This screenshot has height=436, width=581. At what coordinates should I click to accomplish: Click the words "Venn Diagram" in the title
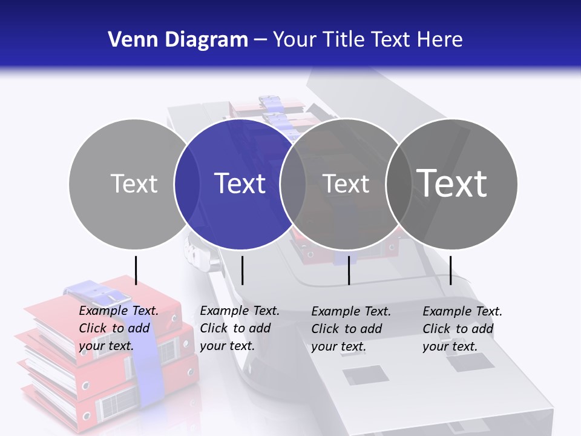coord(178,40)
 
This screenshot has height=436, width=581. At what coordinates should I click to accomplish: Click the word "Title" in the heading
coord(346,40)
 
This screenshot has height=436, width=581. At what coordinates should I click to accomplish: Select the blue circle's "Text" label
coord(240,183)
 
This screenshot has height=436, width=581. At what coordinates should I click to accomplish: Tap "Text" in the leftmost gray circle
coord(134,183)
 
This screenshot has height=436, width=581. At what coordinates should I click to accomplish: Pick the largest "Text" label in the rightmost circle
coord(452,183)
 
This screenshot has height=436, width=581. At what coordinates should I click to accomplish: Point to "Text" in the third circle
coord(346,183)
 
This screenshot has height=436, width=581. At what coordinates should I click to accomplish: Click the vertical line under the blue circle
coord(242,270)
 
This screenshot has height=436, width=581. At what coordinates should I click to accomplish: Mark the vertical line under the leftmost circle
coord(136,270)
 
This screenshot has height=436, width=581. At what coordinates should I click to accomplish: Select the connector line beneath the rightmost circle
coord(450,270)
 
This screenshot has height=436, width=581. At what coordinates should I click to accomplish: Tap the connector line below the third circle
coord(349,270)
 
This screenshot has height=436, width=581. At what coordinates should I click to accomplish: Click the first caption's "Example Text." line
coord(119,311)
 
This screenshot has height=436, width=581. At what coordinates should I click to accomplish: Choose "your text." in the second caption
coord(227,346)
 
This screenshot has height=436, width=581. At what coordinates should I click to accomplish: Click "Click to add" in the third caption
coord(347,329)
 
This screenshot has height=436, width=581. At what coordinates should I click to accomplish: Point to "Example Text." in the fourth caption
coord(462,311)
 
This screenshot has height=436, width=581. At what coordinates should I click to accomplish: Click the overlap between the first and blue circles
coord(187,183)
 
